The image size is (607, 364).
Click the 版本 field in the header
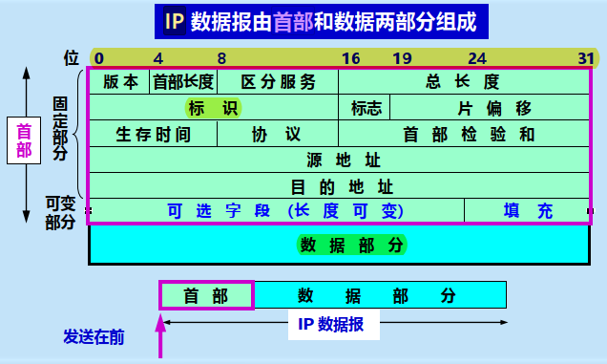(x=120, y=81)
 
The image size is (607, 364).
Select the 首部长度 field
(x=184, y=81)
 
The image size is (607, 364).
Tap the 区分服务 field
(x=278, y=81)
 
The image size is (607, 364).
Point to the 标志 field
(x=366, y=107)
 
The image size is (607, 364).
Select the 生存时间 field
(x=153, y=134)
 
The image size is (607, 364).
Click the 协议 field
(x=277, y=134)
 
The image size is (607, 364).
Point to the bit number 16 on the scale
(x=350, y=57)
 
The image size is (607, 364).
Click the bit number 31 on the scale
(x=586, y=57)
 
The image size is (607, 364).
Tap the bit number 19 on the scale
(x=402, y=57)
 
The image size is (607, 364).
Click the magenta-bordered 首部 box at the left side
(x=24, y=140)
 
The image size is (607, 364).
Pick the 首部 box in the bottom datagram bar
(x=206, y=295)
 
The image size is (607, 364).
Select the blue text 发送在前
(x=94, y=336)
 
